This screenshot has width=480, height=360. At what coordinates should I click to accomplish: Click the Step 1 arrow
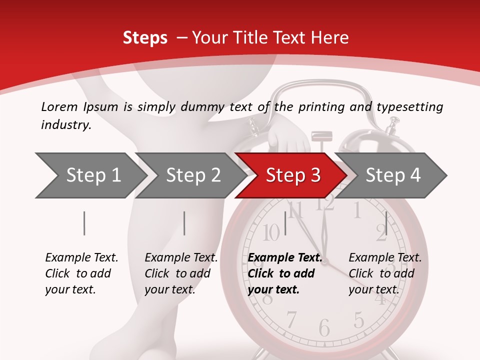pyautogui.click(x=90, y=175)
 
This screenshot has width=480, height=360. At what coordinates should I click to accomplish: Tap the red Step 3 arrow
pyautogui.click(x=292, y=175)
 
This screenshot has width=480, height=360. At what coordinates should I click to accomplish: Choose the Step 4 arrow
pyautogui.click(x=392, y=175)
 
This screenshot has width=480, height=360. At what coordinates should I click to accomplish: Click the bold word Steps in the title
pyautogui.click(x=145, y=38)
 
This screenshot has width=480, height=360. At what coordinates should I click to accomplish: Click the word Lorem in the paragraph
pyautogui.click(x=59, y=106)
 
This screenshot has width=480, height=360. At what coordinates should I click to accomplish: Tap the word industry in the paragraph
pyautogui.click(x=65, y=125)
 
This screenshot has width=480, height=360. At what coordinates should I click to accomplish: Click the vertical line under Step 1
pyautogui.click(x=84, y=223)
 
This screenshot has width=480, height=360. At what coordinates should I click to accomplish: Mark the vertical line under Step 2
pyautogui.click(x=184, y=223)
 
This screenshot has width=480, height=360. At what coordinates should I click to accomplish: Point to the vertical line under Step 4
pyautogui.click(x=386, y=223)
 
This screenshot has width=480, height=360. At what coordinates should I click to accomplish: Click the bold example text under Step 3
pyautogui.click(x=284, y=273)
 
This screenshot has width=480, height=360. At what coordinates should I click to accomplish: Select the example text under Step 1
pyautogui.click(x=81, y=273)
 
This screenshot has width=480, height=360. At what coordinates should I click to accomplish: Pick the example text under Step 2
pyautogui.click(x=180, y=273)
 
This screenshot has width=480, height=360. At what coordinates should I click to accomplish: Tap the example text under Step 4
pyautogui.click(x=384, y=273)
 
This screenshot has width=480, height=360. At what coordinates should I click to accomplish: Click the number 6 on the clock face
pyautogui.click(x=324, y=328)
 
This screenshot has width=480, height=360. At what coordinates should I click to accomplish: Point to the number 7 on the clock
pyautogui.click(x=291, y=319)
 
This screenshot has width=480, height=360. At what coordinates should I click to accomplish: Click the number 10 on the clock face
pyautogui.click(x=271, y=232)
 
